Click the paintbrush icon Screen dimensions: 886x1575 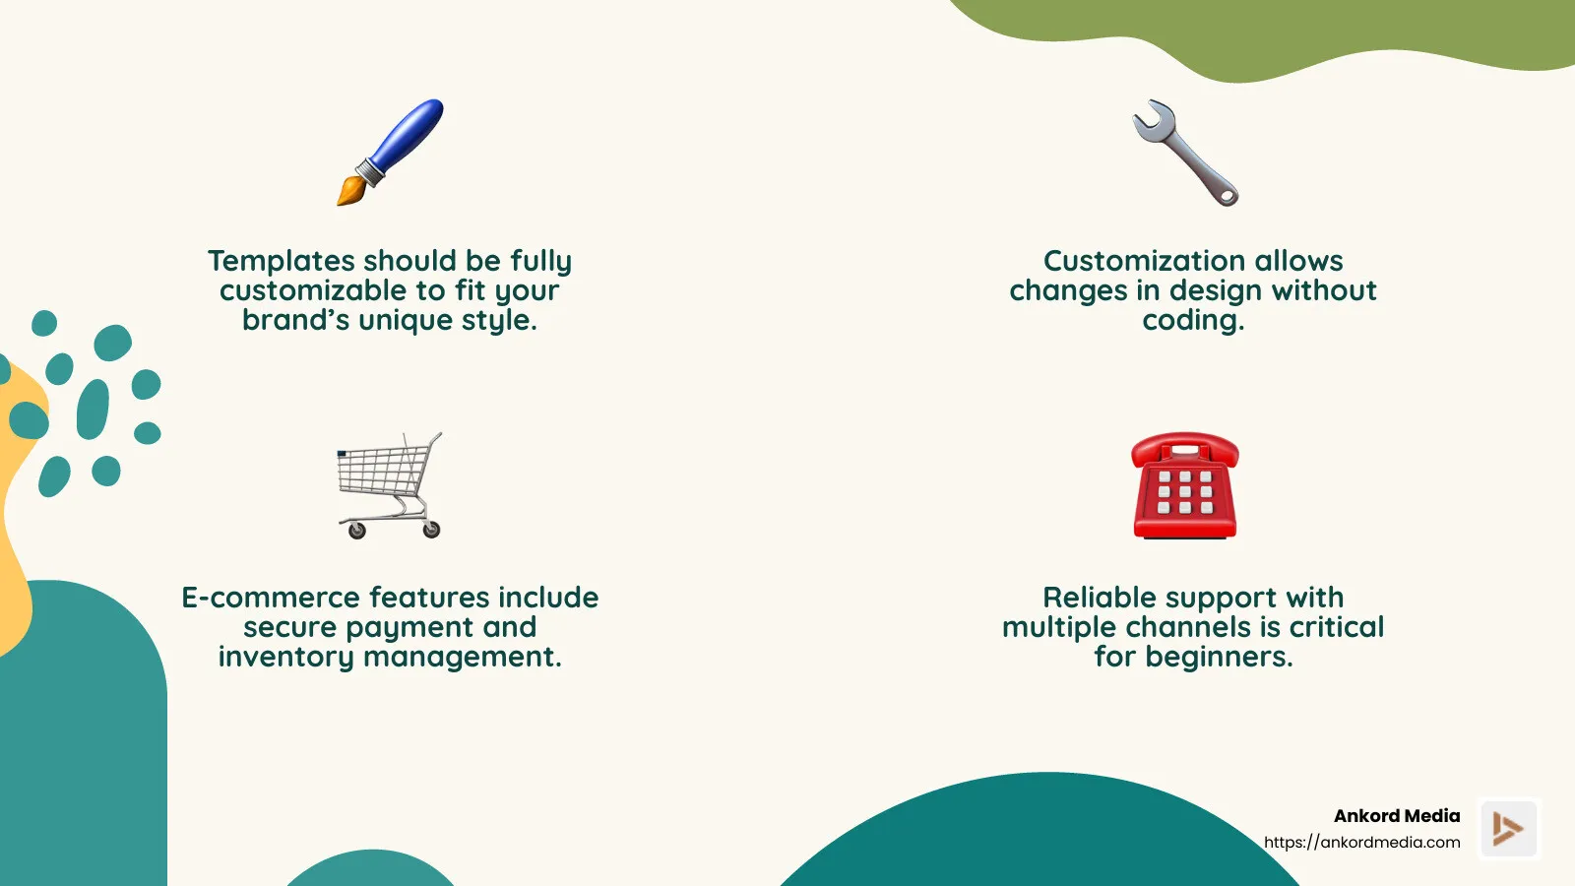[x=390, y=152]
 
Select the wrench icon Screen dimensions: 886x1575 [x=1185, y=152]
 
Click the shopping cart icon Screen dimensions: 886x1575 [x=390, y=484]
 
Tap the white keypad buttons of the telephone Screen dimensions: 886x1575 [x=1185, y=492]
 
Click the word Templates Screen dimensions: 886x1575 [x=282, y=261]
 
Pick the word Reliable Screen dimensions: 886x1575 [x=1110, y=598]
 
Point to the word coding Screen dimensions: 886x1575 [x=1192, y=321]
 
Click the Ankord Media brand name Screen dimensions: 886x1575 [x=1396, y=816]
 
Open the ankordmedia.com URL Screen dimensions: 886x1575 [x=1361, y=843]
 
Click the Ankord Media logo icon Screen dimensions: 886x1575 [x=1508, y=828]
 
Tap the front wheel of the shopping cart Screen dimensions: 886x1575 [x=357, y=532]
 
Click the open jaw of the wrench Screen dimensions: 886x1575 [x=1149, y=117]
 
